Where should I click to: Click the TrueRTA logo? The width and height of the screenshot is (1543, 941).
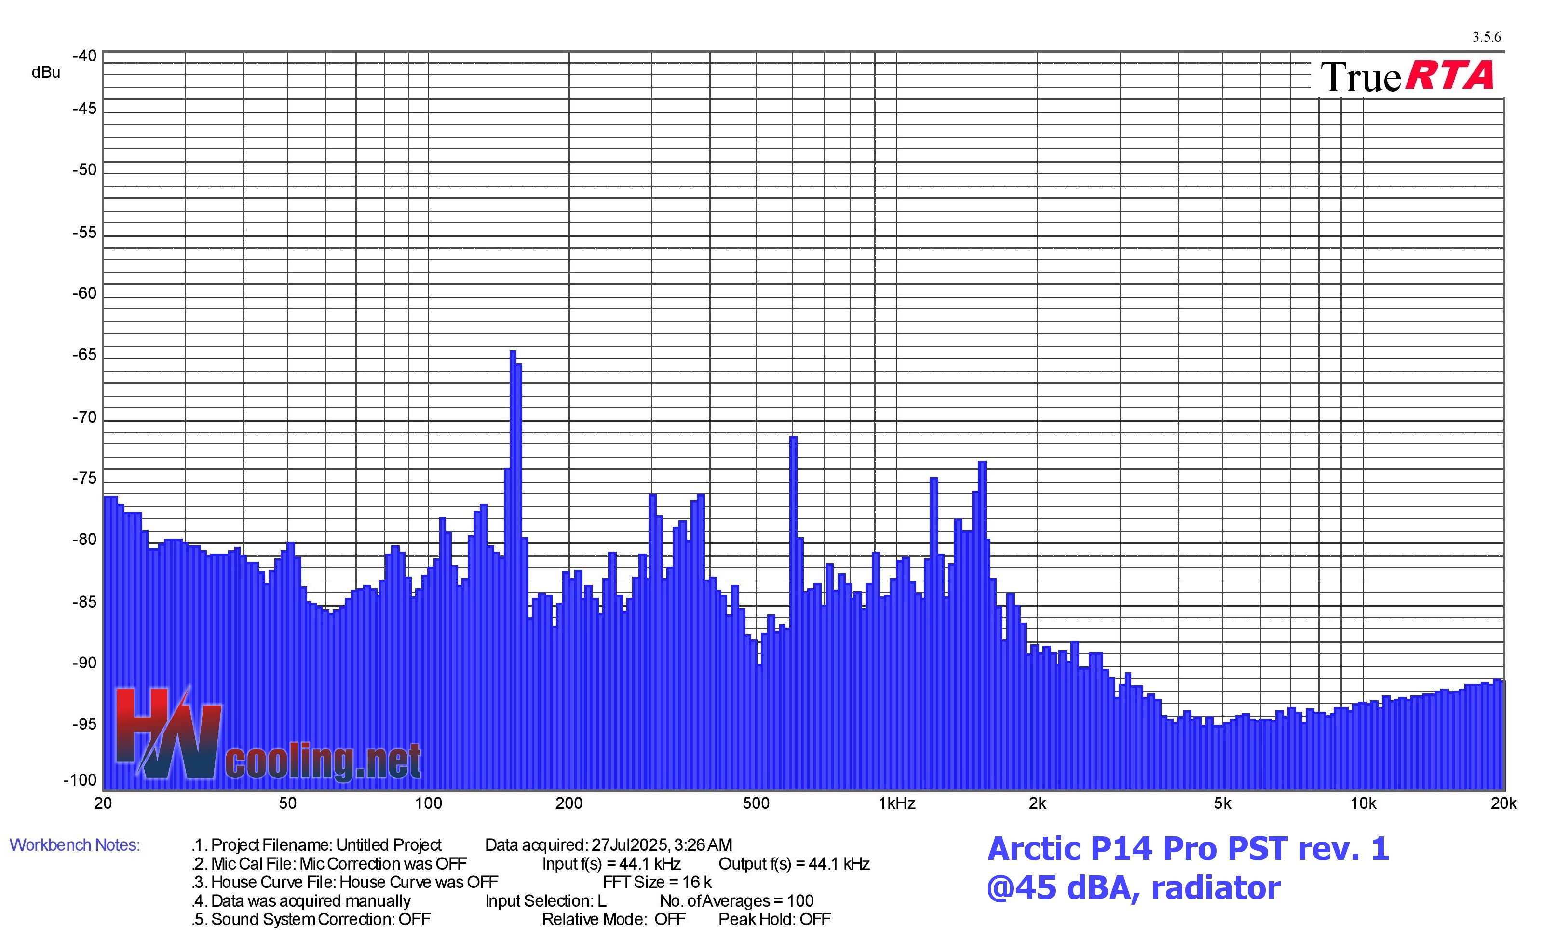1407,76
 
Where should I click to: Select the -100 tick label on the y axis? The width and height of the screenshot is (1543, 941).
80,780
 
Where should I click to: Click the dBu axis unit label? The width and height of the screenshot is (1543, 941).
46,73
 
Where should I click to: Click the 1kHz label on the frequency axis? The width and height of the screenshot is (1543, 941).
897,803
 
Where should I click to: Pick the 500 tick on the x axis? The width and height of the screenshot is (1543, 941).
756,803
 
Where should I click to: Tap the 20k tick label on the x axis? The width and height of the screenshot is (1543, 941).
1503,803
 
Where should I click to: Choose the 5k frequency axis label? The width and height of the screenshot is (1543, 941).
1222,803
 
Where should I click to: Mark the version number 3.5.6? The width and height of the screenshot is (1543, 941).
1487,37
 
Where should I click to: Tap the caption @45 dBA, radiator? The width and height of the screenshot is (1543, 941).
1134,888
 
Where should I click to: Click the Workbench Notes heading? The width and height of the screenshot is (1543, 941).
75,845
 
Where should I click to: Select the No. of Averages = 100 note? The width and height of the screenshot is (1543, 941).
736,901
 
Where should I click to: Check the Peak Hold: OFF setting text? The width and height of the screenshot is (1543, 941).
774,919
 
